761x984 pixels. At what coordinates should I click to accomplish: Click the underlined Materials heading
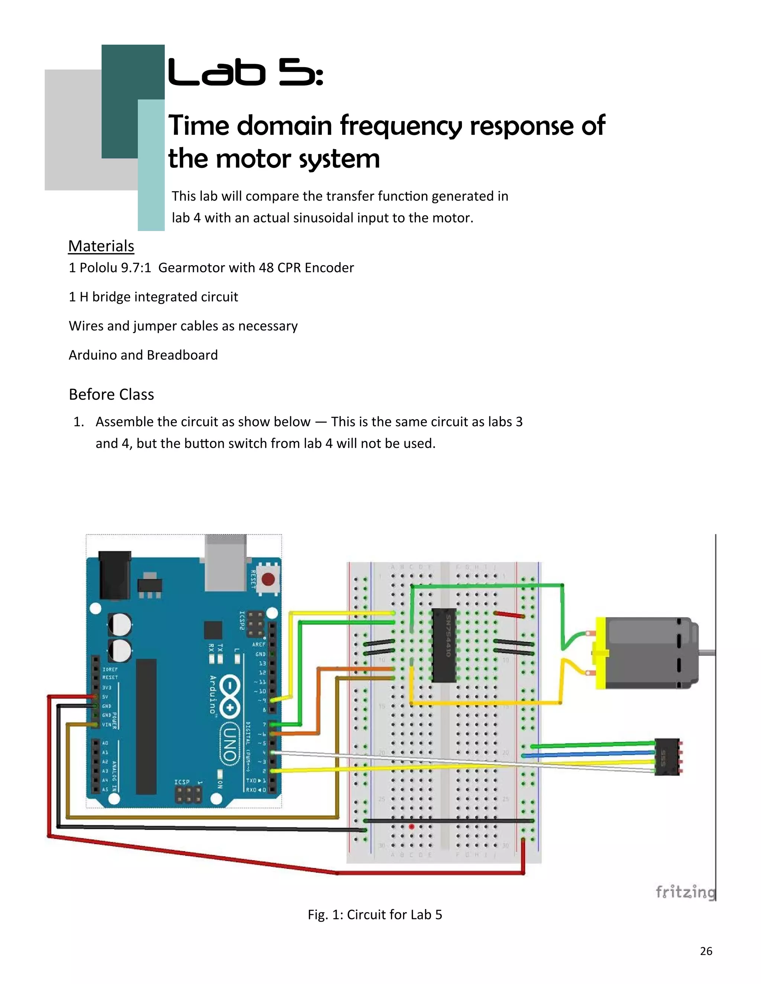[x=101, y=246]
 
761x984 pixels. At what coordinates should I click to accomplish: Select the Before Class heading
[x=111, y=394]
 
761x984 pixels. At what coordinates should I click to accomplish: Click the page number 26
[x=706, y=951]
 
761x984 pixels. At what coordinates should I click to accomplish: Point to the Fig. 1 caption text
[x=375, y=915]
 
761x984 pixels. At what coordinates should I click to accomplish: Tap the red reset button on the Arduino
[x=269, y=579]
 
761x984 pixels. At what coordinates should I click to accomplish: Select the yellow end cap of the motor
[x=601, y=653]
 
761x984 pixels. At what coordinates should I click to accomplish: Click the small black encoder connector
[x=666, y=757]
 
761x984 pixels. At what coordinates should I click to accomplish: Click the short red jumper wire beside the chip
[x=509, y=615]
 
